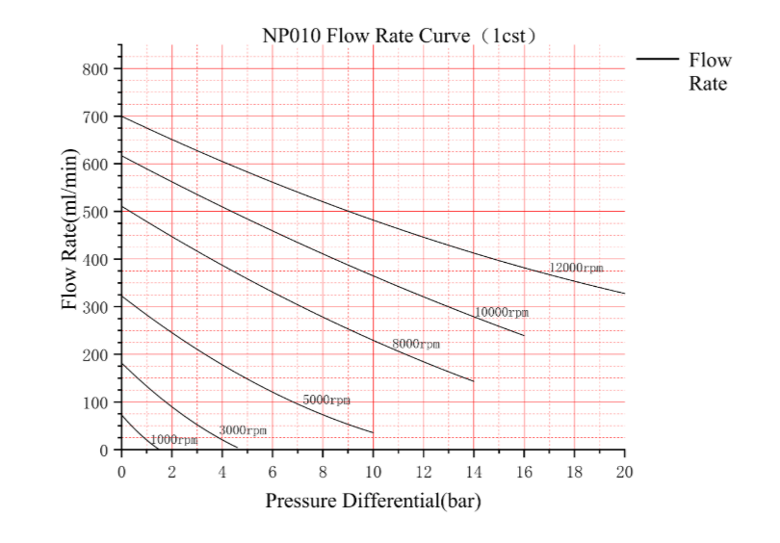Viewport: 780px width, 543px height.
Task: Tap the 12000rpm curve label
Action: [x=576, y=268]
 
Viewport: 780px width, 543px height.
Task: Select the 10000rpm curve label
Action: [x=502, y=313]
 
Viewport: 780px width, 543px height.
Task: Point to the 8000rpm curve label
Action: [x=415, y=344]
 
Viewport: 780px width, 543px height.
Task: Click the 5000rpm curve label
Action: [x=326, y=400]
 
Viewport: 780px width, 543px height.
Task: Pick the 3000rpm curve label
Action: [x=243, y=430]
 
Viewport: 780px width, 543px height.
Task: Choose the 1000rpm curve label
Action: [x=173, y=439]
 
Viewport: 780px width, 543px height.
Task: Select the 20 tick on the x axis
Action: [x=624, y=471]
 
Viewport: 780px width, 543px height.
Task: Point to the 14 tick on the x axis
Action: [x=474, y=471]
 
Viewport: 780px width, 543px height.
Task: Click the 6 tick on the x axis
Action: [x=273, y=471]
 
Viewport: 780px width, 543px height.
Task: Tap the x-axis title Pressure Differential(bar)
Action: [x=373, y=502]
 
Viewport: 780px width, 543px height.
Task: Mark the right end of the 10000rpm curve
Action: [x=524, y=336]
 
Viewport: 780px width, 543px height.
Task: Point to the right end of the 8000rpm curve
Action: [x=474, y=381]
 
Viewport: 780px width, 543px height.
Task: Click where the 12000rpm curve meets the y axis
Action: [x=121, y=116]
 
